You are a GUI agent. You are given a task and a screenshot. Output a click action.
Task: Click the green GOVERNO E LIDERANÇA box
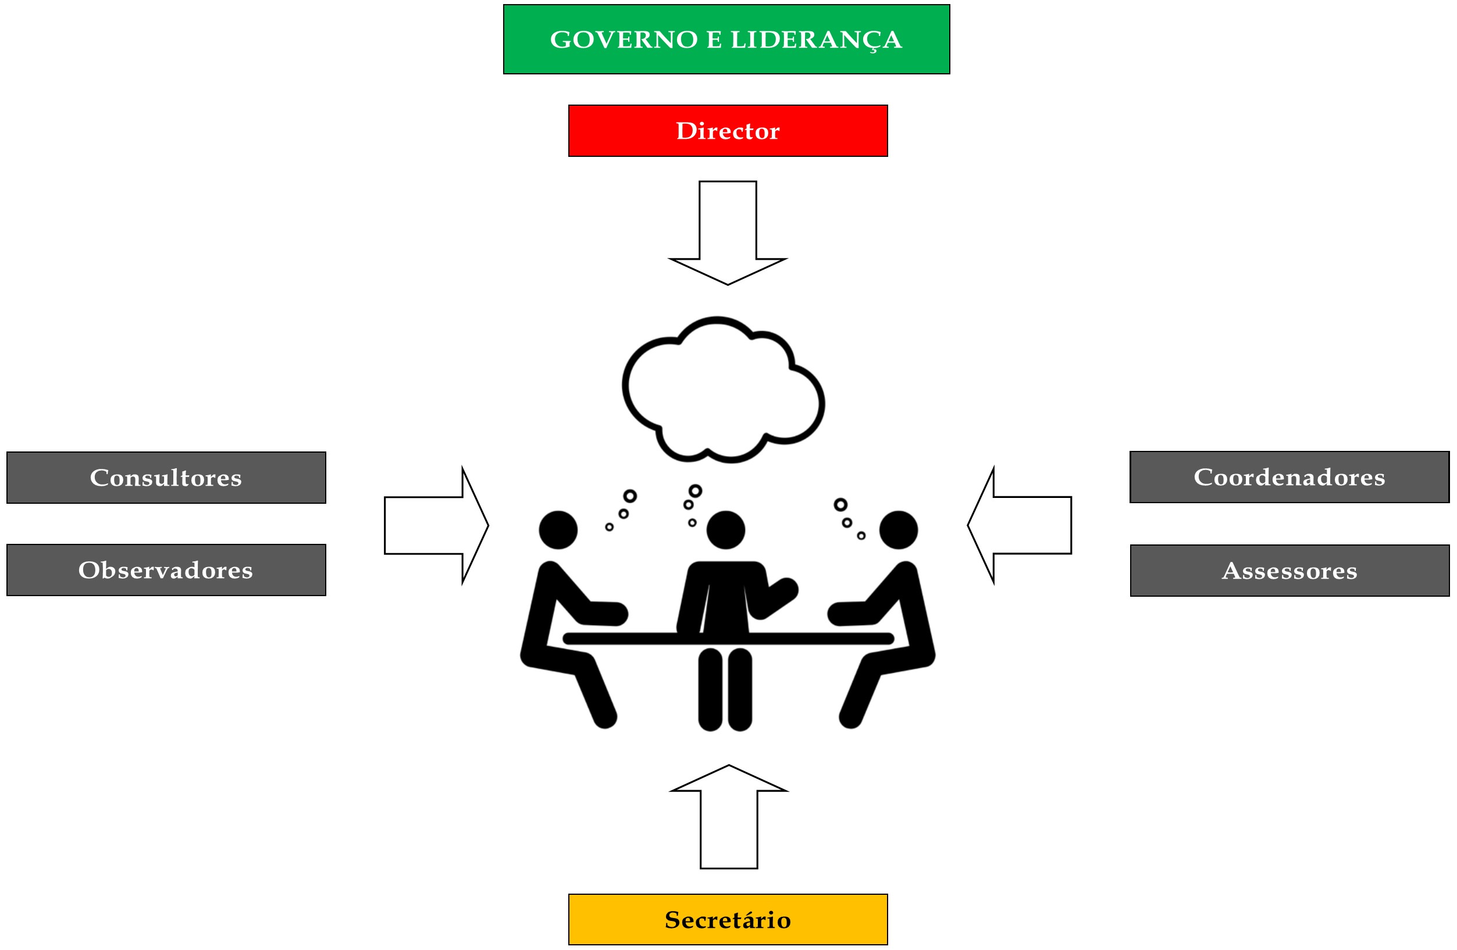coord(726,39)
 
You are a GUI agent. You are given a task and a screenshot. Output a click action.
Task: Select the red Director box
coord(727,131)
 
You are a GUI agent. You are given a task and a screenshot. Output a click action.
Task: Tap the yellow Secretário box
coord(727,919)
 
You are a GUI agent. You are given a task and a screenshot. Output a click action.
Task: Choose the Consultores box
coord(166,478)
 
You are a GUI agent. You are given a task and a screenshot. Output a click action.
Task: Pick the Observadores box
coord(166,570)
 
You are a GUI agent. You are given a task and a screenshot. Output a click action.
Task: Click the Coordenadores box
coord(1289,477)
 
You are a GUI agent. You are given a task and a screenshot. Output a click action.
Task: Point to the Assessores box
coord(1289,571)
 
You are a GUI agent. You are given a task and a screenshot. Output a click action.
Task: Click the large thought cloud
coord(722,392)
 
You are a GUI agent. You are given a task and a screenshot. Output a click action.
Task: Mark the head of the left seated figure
coord(558,530)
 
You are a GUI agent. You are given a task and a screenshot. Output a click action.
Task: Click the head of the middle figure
coord(725,530)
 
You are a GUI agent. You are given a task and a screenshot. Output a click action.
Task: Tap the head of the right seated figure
coord(898,530)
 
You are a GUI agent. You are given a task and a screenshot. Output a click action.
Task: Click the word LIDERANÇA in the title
coord(816,40)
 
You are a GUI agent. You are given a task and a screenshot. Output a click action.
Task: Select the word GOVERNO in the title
coord(623,40)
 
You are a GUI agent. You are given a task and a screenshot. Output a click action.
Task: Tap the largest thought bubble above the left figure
coord(629,496)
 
